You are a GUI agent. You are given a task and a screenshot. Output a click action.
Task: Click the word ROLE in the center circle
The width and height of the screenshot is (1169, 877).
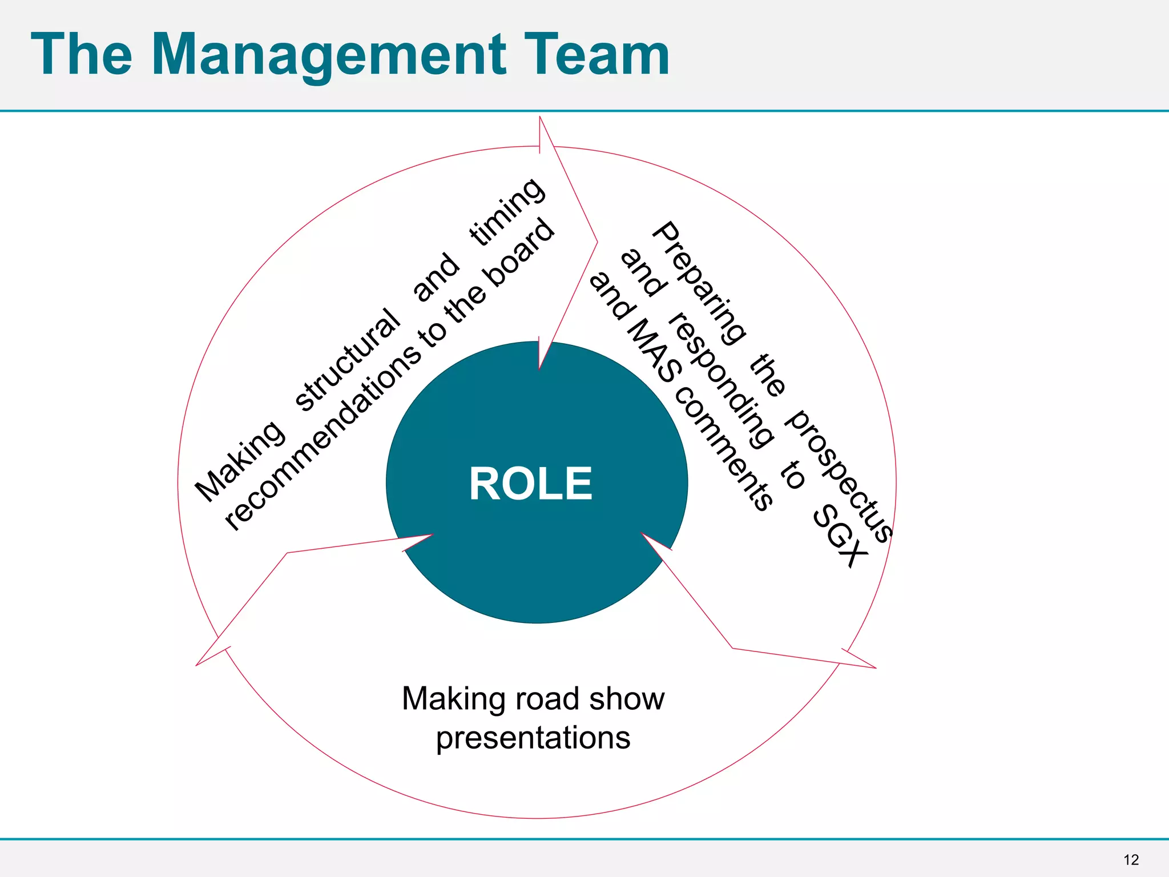point(531,484)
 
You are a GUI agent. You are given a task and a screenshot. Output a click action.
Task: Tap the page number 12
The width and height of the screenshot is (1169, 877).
point(1131,860)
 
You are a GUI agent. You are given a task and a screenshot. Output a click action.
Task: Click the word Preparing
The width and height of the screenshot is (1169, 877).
point(699,283)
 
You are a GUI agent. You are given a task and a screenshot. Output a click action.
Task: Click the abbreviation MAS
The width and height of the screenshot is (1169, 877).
point(654,351)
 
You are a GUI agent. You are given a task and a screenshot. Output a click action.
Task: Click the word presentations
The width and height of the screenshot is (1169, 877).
point(533,738)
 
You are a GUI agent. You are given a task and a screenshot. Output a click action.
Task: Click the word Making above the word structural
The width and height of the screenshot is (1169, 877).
point(240,461)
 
